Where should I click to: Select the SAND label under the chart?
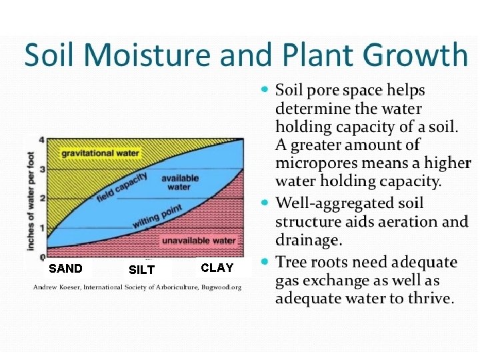click(66, 269)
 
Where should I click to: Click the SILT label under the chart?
click(141, 270)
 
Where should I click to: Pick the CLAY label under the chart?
click(217, 268)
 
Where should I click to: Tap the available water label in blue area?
click(179, 183)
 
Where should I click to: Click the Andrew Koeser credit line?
click(137, 287)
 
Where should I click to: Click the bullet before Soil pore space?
click(266, 89)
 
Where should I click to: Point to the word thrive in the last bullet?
click(429, 299)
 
